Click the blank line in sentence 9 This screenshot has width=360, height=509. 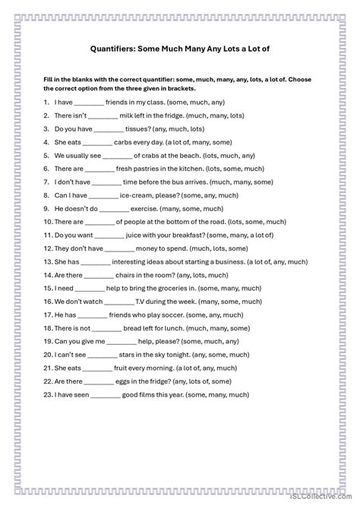pyautogui.click(x=114, y=209)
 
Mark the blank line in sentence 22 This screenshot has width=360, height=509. pyautogui.click(x=97, y=381)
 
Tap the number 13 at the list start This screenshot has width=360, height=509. pyautogui.click(x=48, y=262)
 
